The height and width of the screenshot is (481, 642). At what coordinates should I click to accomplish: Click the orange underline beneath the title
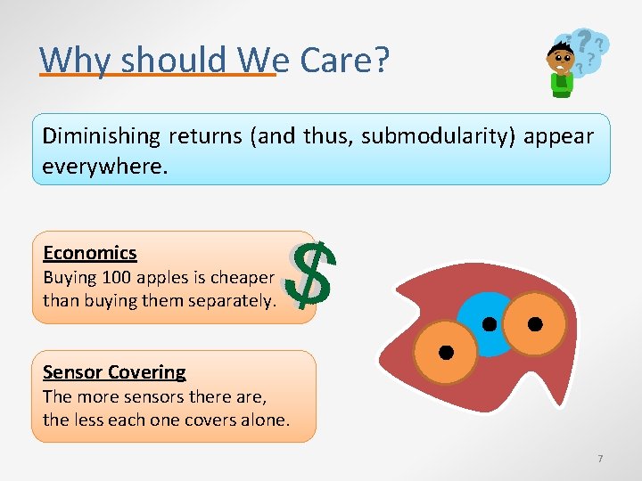[x=158, y=76]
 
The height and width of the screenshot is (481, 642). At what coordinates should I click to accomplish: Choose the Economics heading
[x=89, y=253]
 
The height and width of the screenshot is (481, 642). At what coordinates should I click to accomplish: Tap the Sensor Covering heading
[x=114, y=372]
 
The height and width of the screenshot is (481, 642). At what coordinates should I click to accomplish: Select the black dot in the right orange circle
[x=535, y=323]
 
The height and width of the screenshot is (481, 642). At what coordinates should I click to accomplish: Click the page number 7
[x=600, y=458]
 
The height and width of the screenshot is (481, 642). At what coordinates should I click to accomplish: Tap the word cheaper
[x=242, y=277]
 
